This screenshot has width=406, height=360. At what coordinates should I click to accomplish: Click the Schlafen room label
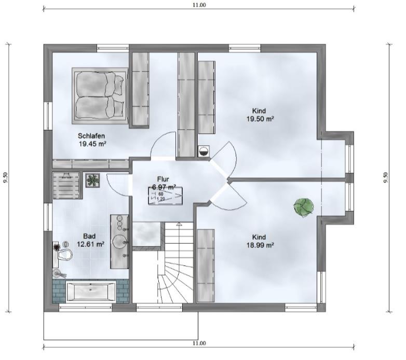click(91, 136)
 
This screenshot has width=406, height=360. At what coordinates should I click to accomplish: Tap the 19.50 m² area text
click(261, 119)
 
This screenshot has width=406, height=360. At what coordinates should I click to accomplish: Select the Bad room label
click(89, 236)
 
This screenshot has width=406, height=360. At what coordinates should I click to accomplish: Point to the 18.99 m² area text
click(261, 245)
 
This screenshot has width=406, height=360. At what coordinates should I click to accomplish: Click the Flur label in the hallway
click(163, 179)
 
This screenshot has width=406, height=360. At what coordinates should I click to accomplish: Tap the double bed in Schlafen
click(100, 96)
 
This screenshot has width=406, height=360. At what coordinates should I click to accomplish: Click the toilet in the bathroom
click(64, 255)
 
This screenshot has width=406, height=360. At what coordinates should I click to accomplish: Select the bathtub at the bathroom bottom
click(91, 292)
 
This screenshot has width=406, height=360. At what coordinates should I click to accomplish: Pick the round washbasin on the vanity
click(119, 241)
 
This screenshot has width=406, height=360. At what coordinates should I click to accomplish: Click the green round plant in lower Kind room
click(304, 207)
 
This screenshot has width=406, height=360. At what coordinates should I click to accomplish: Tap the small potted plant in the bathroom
click(93, 180)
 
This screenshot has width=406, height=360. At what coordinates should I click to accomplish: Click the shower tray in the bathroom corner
click(66, 185)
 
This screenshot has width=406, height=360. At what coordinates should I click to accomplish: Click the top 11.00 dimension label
click(199, 5)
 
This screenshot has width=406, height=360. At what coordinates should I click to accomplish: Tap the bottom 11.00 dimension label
click(199, 343)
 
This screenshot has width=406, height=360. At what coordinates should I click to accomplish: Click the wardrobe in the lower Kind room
click(206, 266)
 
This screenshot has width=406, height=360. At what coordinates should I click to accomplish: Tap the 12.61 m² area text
click(91, 244)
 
